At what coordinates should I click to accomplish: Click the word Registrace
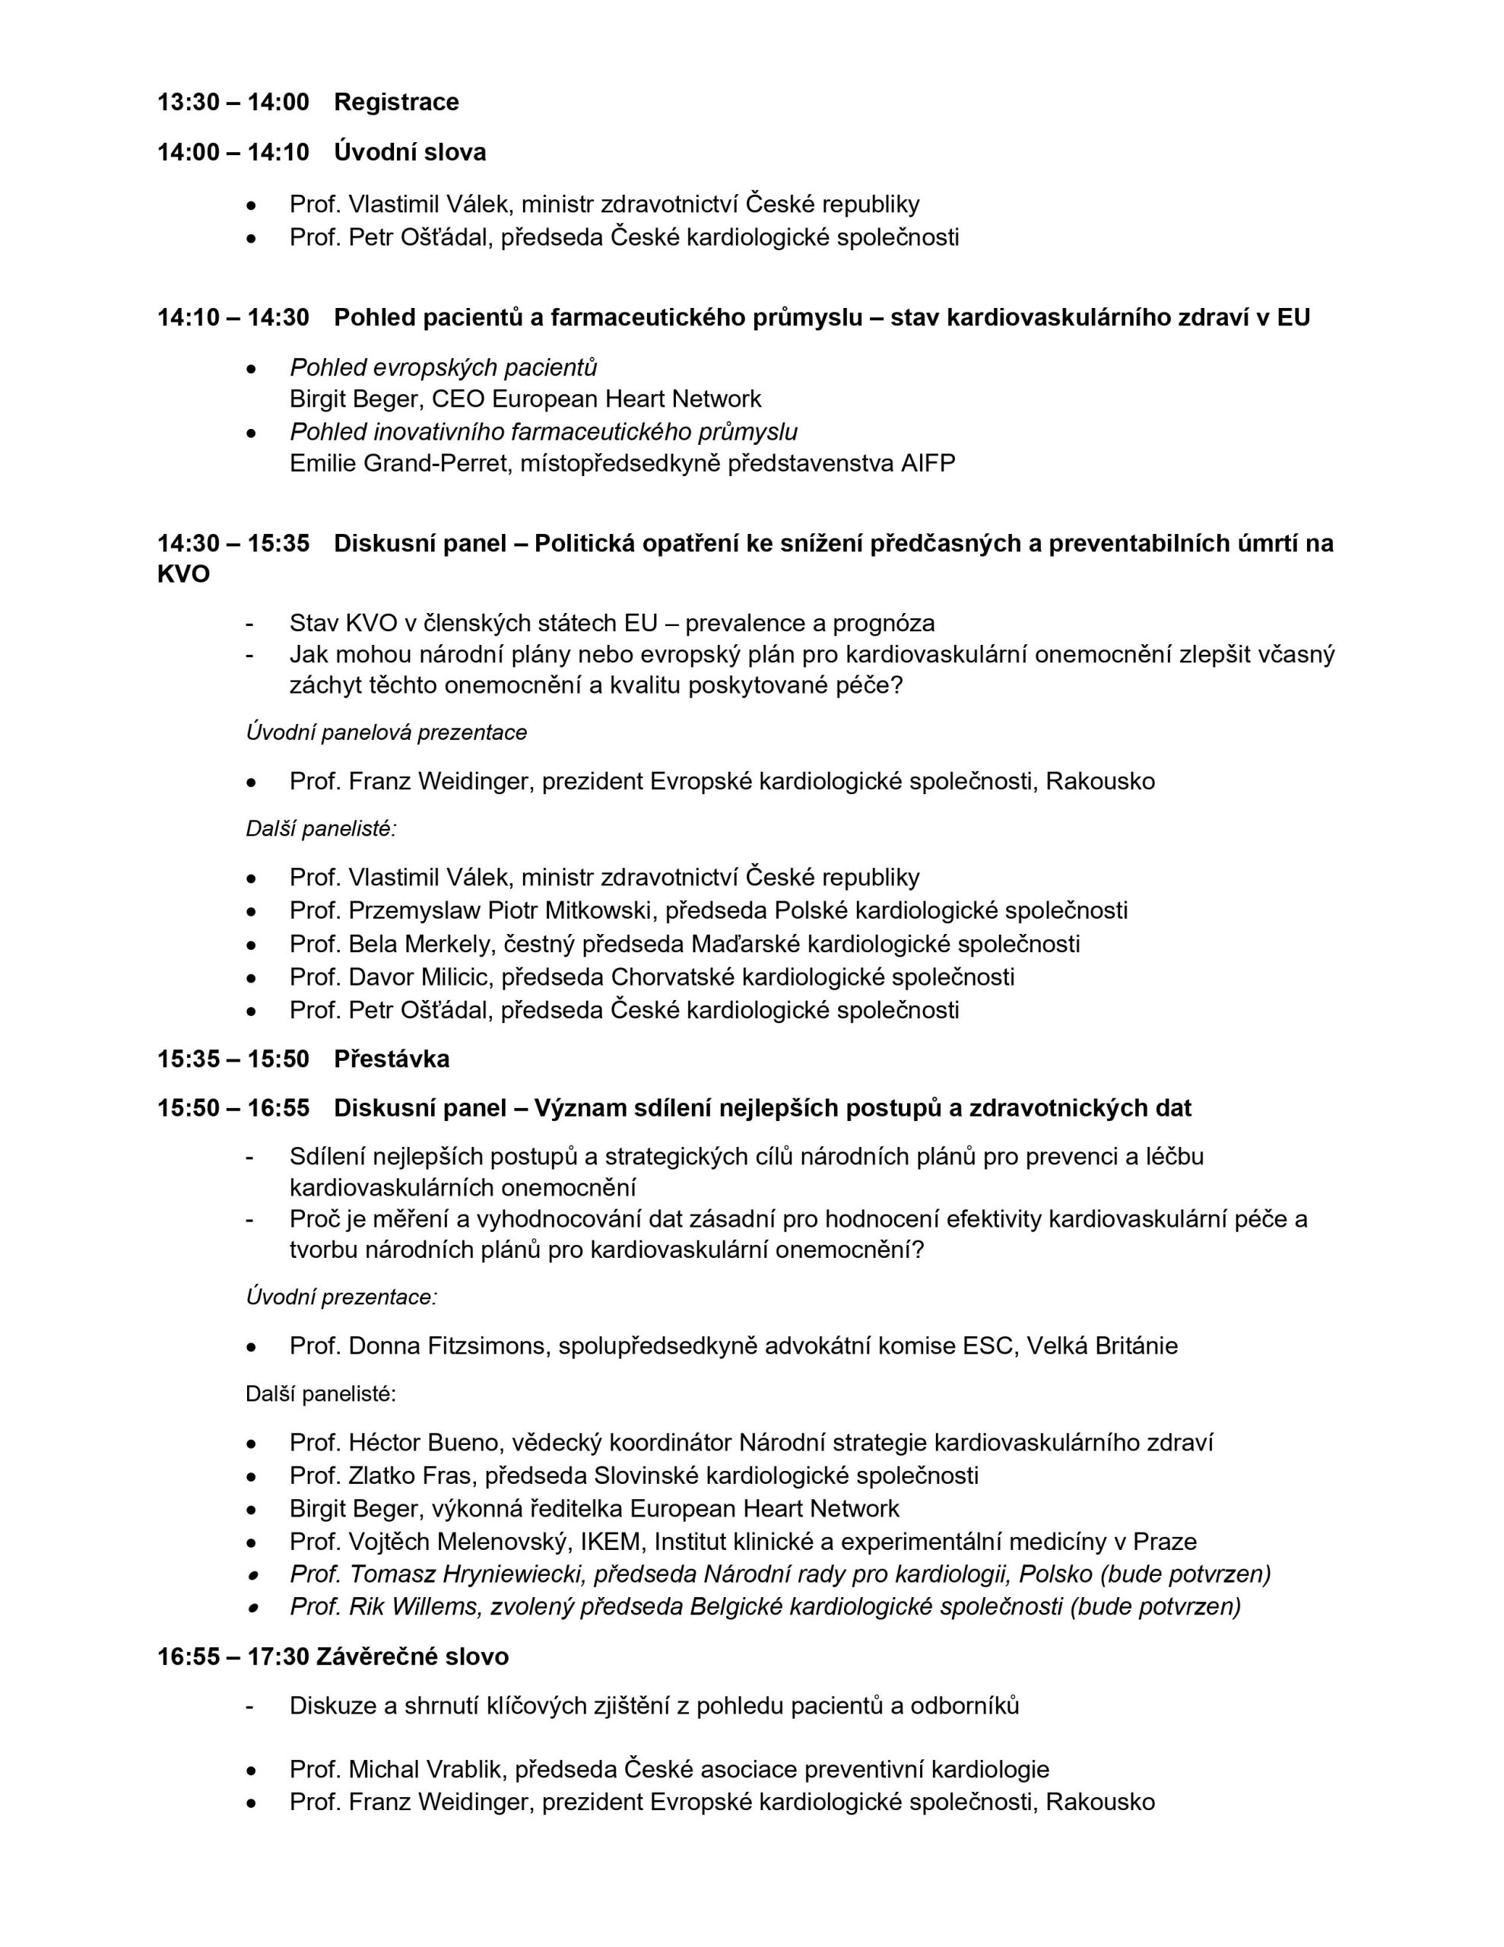396,103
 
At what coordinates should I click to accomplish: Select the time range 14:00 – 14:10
233,152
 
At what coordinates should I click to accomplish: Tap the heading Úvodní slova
409,152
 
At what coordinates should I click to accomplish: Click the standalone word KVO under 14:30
184,574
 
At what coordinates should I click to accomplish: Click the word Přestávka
392,1059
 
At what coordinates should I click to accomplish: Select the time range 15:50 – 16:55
233,1108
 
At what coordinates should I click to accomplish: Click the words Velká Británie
1102,1345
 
